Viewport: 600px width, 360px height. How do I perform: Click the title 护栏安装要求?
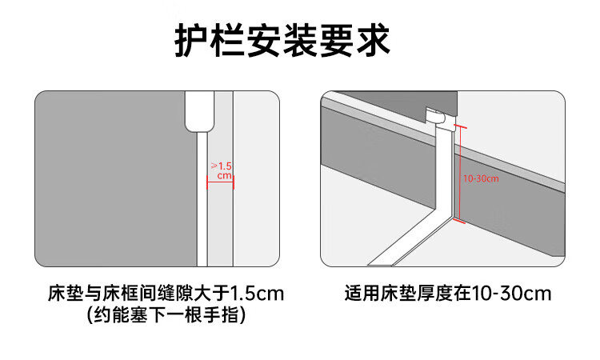[x=282, y=41]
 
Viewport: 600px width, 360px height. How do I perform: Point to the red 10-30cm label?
[x=481, y=178]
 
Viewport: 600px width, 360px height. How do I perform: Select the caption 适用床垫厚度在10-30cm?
[x=448, y=294]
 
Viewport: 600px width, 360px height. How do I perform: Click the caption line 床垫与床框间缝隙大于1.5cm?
[x=166, y=294]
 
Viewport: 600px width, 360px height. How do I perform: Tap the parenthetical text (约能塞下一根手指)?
[x=166, y=316]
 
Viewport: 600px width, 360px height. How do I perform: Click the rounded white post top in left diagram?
[x=199, y=111]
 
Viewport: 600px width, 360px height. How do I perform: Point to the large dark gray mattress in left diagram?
[x=115, y=178]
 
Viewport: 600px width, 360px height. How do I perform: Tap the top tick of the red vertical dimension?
[x=460, y=126]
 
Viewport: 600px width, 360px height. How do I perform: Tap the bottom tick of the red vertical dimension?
[x=459, y=220]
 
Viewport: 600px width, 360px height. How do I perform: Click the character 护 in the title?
[x=192, y=41]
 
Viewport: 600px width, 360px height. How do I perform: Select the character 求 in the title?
[x=373, y=41]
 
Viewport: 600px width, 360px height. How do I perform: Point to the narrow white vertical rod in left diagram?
[x=202, y=199]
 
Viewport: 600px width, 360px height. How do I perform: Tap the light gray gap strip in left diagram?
[x=220, y=178]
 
